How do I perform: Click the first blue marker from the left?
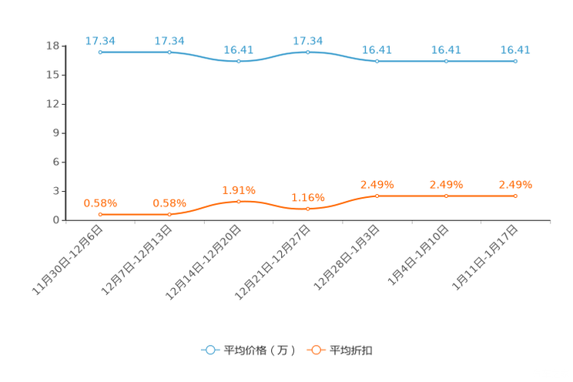coord(100,52)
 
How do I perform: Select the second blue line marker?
coord(169,52)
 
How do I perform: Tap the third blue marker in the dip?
coord(239,61)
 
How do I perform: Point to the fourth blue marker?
coord(308,52)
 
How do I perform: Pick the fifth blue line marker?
coord(377,61)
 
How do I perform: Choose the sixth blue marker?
coord(447,61)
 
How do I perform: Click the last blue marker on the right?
coord(515,61)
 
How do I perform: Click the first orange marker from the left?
coord(100,214)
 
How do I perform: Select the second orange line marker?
coord(169,214)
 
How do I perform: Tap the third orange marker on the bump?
coord(239,202)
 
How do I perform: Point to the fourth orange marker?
coord(308,209)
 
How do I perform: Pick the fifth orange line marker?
coord(377,196)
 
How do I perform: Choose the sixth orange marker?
coord(447,196)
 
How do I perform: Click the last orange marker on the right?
coord(515,196)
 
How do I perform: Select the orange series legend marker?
coord(316,350)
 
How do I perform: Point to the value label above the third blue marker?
coord(239,49)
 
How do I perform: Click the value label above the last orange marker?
coord(515,184)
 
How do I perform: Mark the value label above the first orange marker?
coord(100,203)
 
